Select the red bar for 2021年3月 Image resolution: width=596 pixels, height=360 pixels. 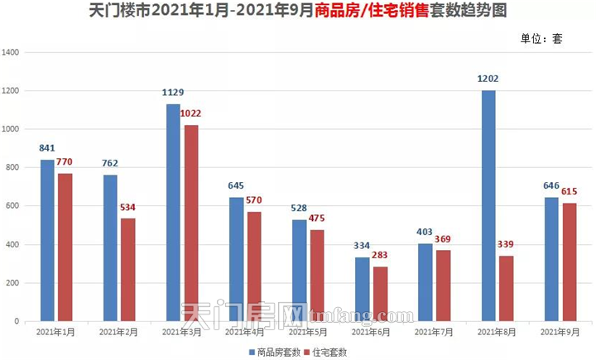coord(190,223)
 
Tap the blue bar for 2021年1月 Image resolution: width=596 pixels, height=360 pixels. coord(47,240)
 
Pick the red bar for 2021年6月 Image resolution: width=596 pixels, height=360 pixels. coord(380,294)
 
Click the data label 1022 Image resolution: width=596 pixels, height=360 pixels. coord(190,113)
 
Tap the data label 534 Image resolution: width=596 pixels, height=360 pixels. coord(128,207)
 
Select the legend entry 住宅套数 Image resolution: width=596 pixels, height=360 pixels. coord(328,352)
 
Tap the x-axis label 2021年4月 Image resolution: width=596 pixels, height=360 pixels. coord(246,332)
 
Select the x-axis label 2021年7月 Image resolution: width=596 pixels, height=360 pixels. coord(433,332)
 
